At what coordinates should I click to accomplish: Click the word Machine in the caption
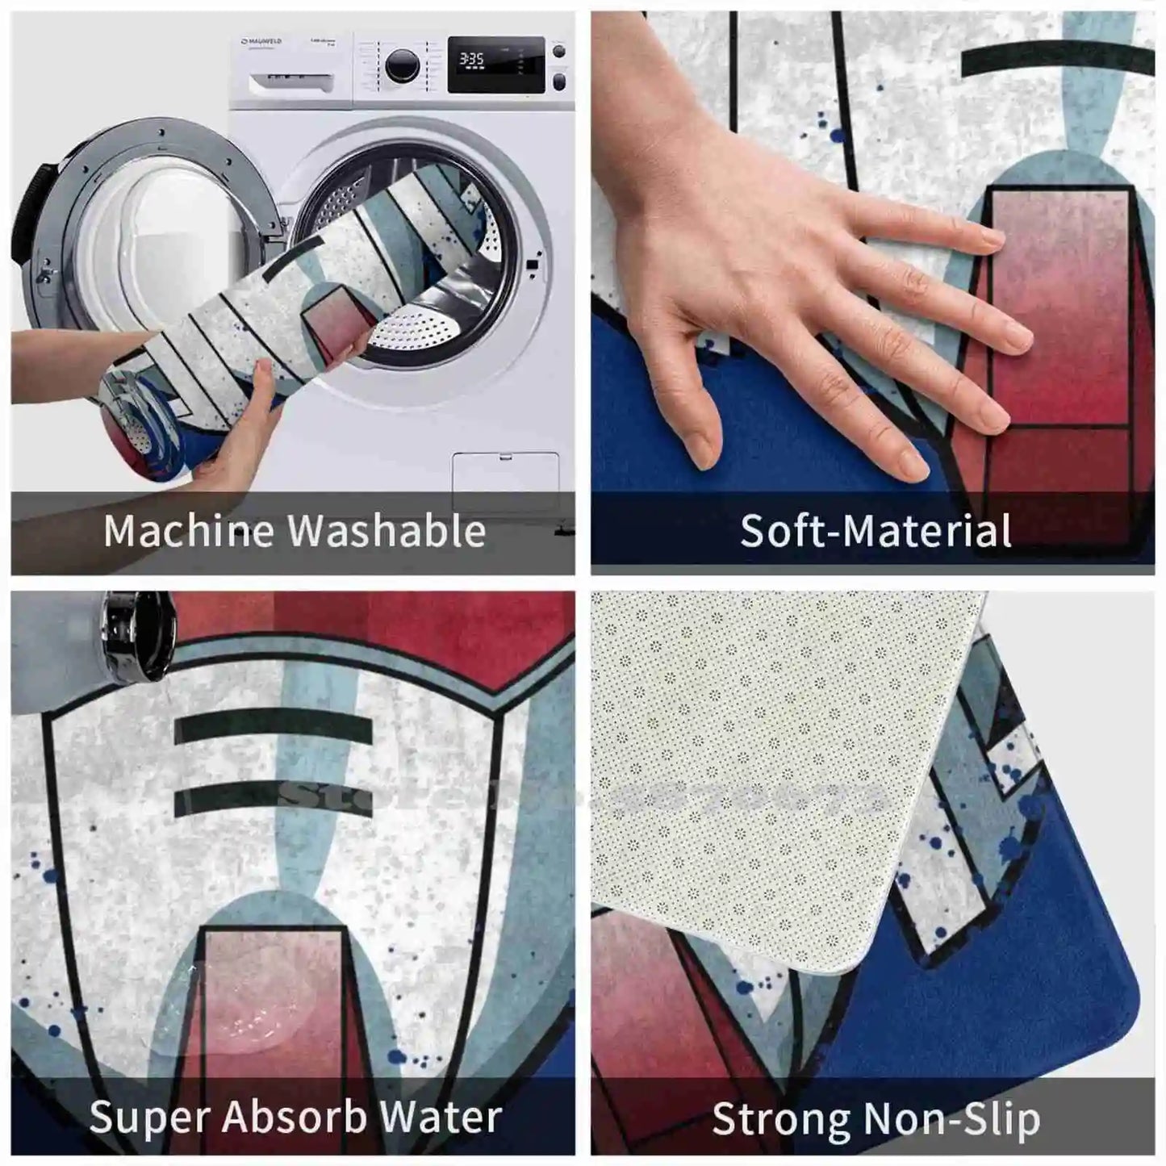click(x=190, y=531)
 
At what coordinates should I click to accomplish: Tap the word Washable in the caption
click(x=387, y=531)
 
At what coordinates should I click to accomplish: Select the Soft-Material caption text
click(x=875, y=531)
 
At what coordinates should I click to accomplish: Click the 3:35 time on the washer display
click(x=471, y=59)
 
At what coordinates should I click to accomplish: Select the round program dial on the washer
click(x=401, y=65)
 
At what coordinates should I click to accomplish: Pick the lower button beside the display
click(x=558, y=81)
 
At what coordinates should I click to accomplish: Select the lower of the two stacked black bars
click(x=273, y=798)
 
